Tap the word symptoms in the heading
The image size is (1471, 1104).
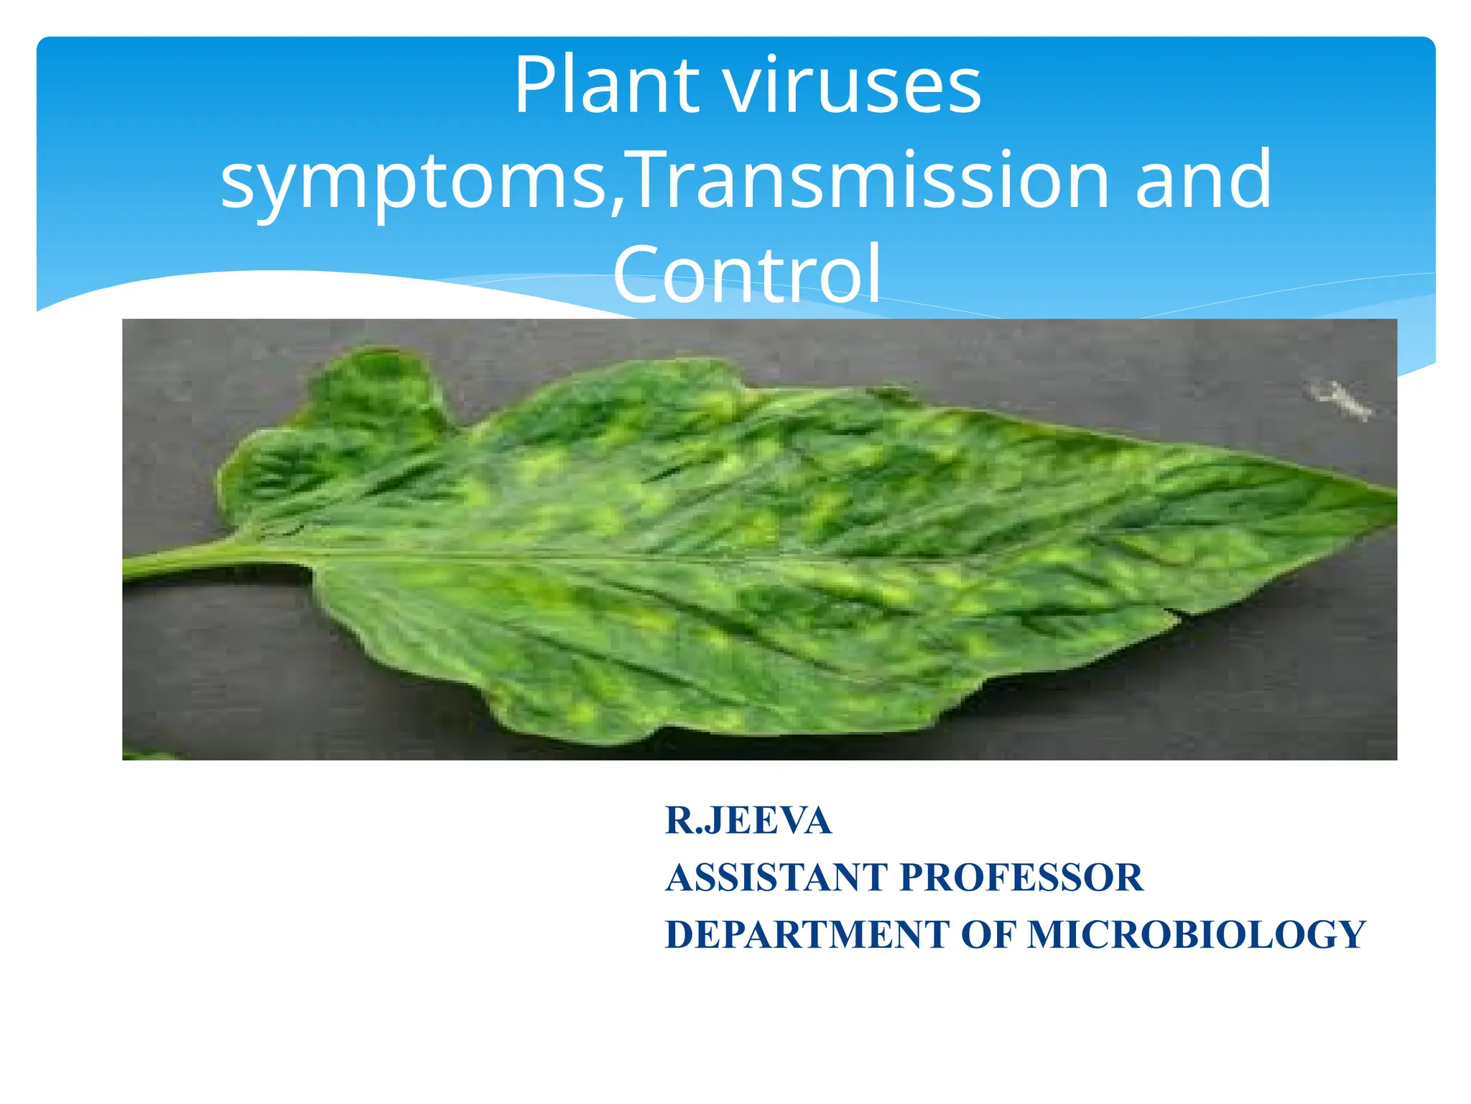click(414, 181)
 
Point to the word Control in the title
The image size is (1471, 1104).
click(747, 275)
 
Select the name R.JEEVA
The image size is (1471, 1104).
click(748, 820)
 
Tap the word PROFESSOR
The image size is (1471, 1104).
click(1021, 878)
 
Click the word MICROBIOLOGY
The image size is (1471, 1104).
click(1197, 934)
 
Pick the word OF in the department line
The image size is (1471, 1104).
click(988, 934)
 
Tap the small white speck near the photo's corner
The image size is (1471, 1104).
click(1340, 400)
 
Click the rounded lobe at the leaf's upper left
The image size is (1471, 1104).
click(373, 388)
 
